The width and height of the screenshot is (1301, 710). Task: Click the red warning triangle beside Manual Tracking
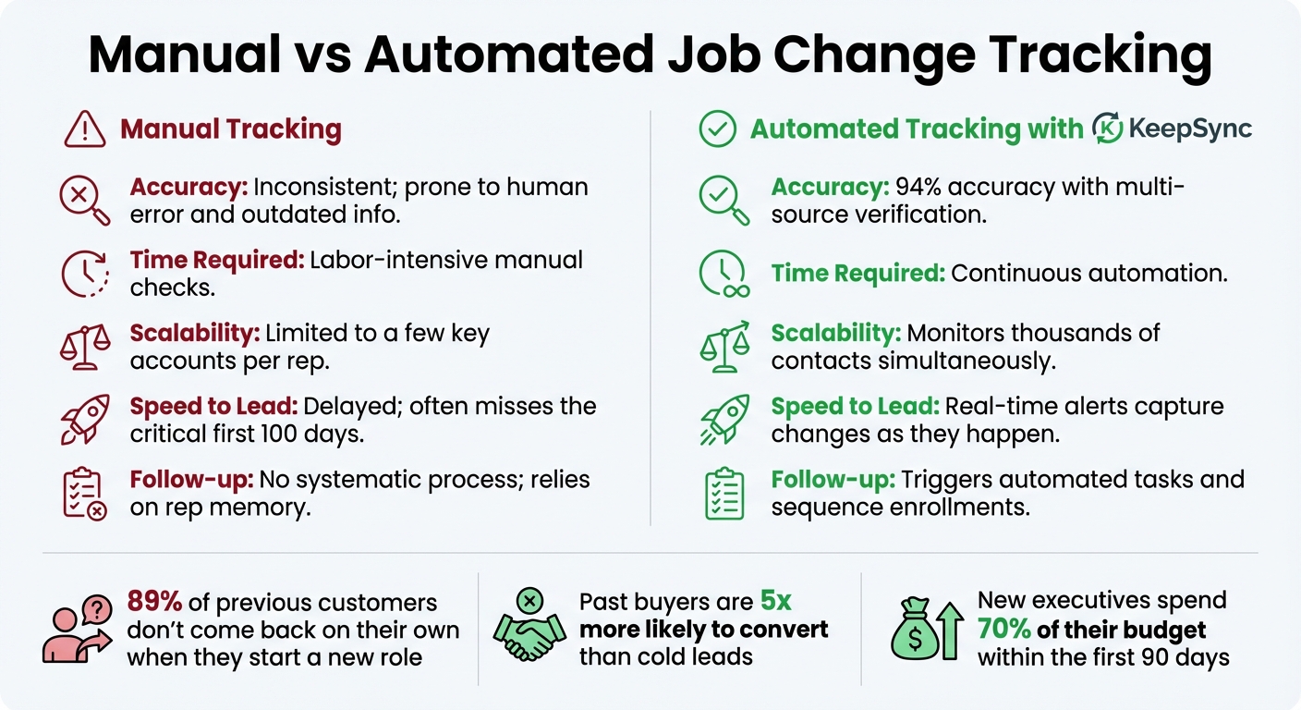tap(85, 129)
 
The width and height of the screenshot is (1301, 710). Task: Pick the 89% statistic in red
tap(154, 603)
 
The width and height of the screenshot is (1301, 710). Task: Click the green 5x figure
tap(776, 602)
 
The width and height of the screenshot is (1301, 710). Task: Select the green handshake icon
tap(529, 626)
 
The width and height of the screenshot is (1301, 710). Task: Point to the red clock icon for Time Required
tap(84, 274)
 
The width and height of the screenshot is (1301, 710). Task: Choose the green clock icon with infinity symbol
tap(724, 275)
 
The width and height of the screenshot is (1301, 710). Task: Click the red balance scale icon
tap(84, 347)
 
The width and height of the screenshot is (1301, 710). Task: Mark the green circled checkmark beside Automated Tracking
tap(716, 129)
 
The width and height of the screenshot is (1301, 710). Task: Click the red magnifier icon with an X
tap(84, 201)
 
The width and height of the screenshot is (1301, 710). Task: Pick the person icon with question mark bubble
tap(74, 626)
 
